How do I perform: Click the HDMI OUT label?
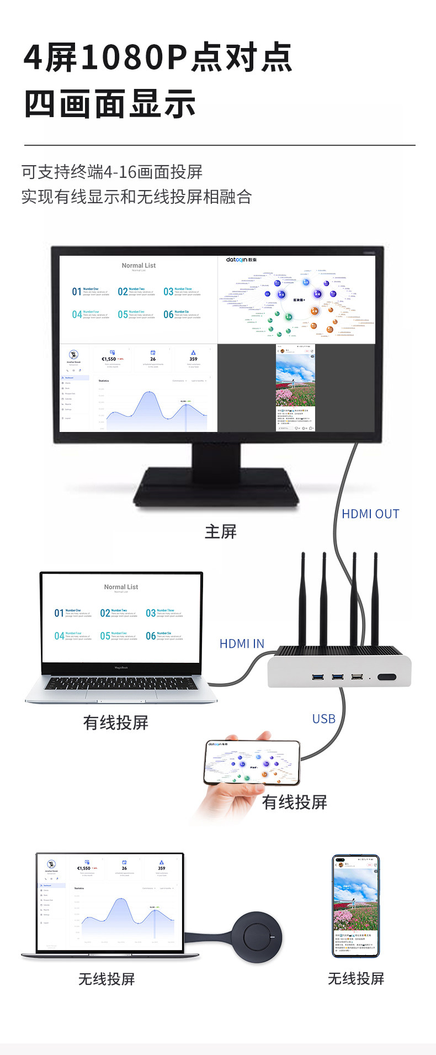(x=370, y=514)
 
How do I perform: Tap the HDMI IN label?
(x=242, y=643)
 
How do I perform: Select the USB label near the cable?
(x=323, y=719)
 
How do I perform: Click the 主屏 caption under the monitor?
(x=220, y=532)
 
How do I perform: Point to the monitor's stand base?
(x=216, y=486)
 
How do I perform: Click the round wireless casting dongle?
(x=257, y=937)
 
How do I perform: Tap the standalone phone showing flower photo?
(x=355, y=906)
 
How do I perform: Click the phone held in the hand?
(x=252, y=762)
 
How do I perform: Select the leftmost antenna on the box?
(x=302, y=599)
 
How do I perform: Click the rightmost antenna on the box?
(x=375, y=599)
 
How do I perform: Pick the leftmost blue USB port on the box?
(x=318, y=677)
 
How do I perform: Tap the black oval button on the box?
(x=386, y=677)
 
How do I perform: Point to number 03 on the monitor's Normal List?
(x=168, y=292)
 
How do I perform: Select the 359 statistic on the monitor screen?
(x=193, y=359)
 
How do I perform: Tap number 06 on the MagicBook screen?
(x=151, y=636)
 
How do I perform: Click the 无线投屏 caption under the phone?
(x=355, y=979)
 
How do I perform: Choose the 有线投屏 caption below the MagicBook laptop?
(x=115, y=722)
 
